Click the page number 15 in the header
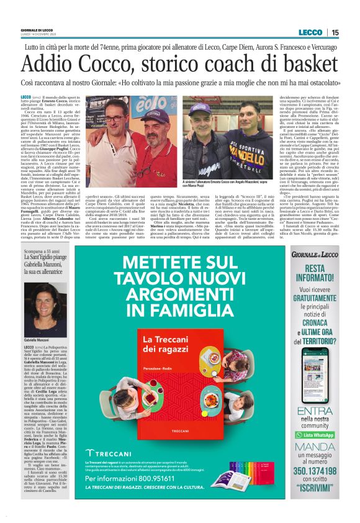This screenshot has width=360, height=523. tap(335, 32)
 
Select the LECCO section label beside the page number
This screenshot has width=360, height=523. tap(310, 32)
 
